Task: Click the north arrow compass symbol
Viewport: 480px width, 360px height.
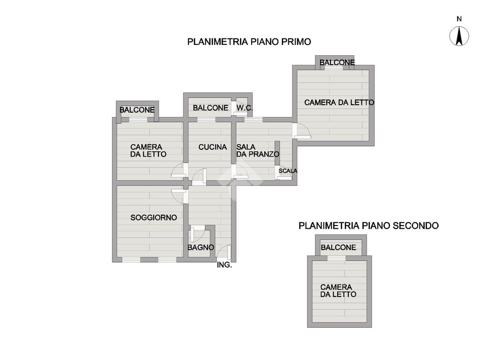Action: pos(459,36)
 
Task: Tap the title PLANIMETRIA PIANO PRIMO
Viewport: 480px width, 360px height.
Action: pos(249,42)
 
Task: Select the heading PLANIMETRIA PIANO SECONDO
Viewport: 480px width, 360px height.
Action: pos(368,225)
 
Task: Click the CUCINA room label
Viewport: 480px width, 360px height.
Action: pos(212,147)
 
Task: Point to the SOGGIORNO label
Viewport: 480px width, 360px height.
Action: pos(154,217)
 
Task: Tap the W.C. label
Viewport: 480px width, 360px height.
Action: pos(244,108)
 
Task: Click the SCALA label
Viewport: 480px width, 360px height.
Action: pos(288,171)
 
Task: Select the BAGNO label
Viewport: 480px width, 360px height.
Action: pos(201,247)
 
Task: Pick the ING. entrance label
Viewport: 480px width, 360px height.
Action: pos(224,265)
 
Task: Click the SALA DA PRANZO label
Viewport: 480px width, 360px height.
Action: pos(257,150)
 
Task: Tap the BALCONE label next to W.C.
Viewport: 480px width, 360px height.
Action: pos(210,108)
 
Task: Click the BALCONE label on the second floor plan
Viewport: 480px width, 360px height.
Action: pos(338,247)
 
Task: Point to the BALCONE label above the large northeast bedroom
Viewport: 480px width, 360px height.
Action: pos(337,62)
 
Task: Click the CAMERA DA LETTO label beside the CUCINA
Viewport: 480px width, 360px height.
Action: pos(148,150)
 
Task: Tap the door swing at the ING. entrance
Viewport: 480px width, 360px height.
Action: pos(224,253)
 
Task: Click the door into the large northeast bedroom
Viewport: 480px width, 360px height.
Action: pos(301,131)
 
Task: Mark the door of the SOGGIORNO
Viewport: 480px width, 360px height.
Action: pos(178,194)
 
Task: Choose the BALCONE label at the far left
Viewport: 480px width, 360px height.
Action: pos(137,110)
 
